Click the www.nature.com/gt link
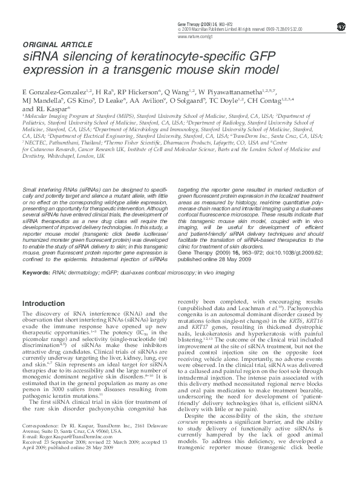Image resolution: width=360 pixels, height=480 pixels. (195, 36)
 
